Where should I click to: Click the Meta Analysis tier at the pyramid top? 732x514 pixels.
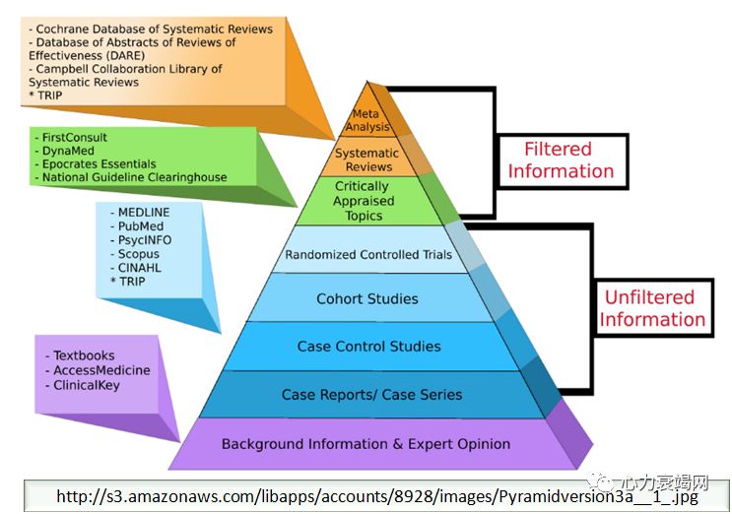point(366,119)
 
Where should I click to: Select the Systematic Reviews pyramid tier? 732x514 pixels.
point(366,160)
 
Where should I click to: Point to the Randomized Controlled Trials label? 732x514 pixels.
point(368,254)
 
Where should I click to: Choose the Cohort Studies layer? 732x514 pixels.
point(367,298)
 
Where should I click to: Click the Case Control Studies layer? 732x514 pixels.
point(369,346)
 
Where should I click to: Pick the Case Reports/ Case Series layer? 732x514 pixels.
point(371,394)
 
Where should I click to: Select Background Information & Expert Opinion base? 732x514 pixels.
point(366,444)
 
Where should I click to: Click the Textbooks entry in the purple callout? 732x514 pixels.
point(84,355)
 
